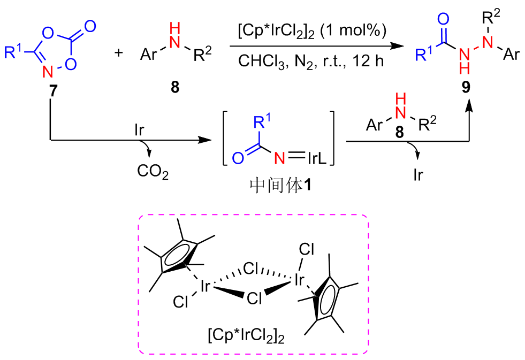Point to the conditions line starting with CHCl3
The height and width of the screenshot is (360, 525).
click(311, 60)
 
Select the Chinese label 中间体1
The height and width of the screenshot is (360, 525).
click(281, 185)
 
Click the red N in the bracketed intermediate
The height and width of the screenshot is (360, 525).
click(278, 157)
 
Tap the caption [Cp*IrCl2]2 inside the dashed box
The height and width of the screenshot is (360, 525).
click(246, 336)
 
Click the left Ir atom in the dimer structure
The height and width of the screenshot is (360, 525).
click(204, 287)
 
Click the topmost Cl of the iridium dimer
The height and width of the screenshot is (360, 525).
click(307, 249)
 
